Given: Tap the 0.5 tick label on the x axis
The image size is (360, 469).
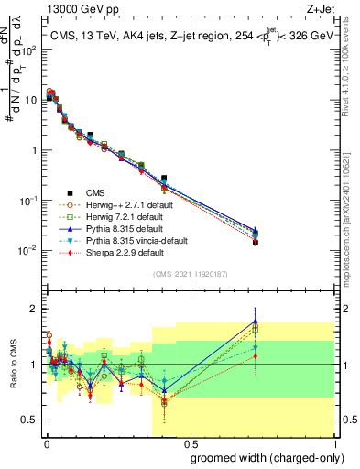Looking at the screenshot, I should click(x=189, y=443).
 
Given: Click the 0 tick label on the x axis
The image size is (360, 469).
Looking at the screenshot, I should click(x=46, y=443).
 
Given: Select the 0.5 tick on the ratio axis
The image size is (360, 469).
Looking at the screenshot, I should click(x=30, y=421).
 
